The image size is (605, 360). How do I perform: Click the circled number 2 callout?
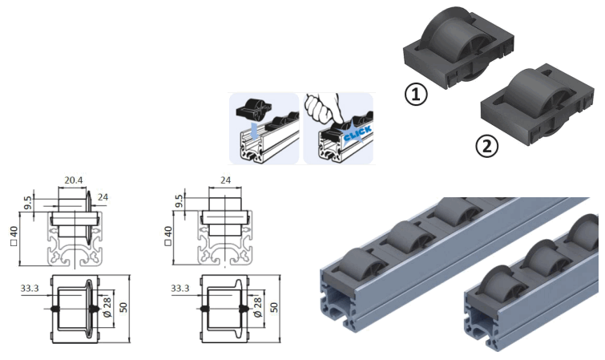(x=486, y=146)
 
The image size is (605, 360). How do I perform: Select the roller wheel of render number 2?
(x=534, y=96)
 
